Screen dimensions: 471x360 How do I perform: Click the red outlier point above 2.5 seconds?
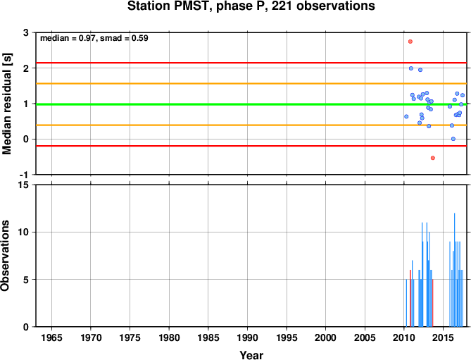coord(410,42)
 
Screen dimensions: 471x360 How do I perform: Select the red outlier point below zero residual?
coord(433,158)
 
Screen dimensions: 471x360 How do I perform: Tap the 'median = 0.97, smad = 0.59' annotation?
coord(94,38)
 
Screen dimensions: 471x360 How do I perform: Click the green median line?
coord(251,104)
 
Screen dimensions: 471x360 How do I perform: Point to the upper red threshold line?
coord(251,63)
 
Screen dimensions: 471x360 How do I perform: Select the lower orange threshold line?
coord(251,125)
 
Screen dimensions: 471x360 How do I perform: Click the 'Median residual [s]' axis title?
coord(6,104)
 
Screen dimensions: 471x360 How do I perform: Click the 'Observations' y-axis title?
coord(5,256)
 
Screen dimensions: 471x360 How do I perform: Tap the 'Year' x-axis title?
coord(251,355)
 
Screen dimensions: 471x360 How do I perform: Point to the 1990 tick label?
coord(247,337)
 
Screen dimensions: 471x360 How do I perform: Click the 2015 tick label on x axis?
coord(443,337)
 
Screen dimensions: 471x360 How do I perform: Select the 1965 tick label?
coord(51,337)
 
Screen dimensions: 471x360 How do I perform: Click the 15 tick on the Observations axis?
coord(25,185)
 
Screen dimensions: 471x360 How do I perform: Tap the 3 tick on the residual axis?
coord(26,32)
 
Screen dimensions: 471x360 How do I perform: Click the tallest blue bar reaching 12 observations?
coord(455,270)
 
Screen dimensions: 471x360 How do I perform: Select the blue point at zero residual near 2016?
coord(453,139)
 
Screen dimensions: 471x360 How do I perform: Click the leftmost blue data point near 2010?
coord(406,116)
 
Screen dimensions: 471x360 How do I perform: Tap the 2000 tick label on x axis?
coord(325,337)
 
